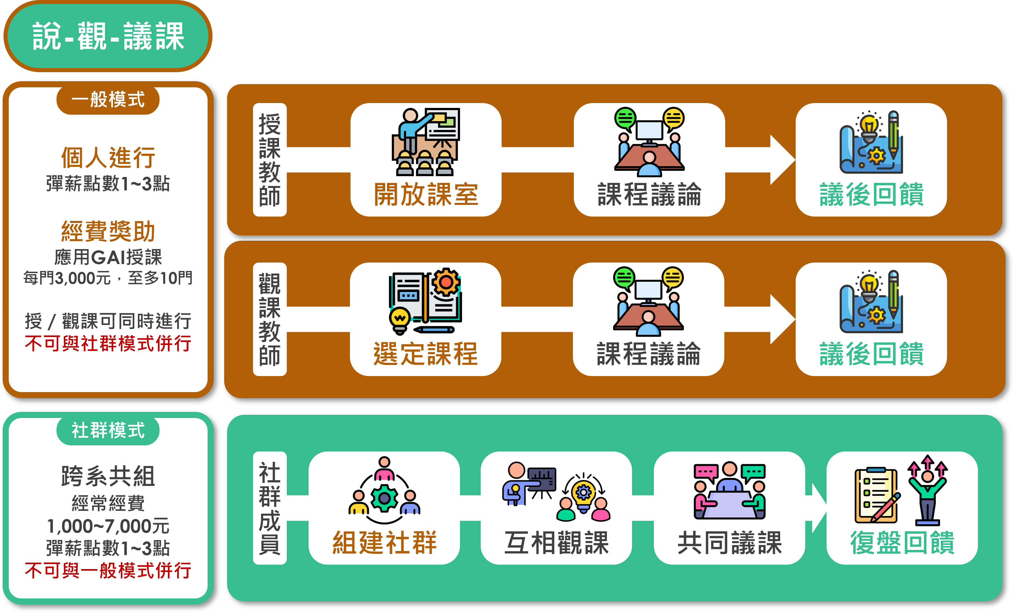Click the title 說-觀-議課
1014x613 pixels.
click(x=108, y=36)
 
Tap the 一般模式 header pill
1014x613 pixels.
click(x=108, y=100)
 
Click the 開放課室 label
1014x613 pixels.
click(x=426, y=194)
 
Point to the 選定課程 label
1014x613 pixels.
click(x=426, y=354)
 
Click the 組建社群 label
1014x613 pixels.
click(x=384, y=543)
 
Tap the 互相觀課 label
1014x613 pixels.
click(x=556, y=543)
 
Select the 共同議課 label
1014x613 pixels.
click(x=729, y=543)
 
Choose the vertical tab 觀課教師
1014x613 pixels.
click(x=270, y=319)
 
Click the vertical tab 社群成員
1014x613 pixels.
click(x=270, y=508)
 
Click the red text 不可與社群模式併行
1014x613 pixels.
click(x=108, y=343)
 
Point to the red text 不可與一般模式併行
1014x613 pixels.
click(x=108, y=571)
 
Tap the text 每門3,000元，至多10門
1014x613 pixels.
click(x=108, y=278)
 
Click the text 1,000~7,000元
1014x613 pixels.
click(x=108, y=526)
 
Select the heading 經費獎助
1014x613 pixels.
click(x=108, y=231)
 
